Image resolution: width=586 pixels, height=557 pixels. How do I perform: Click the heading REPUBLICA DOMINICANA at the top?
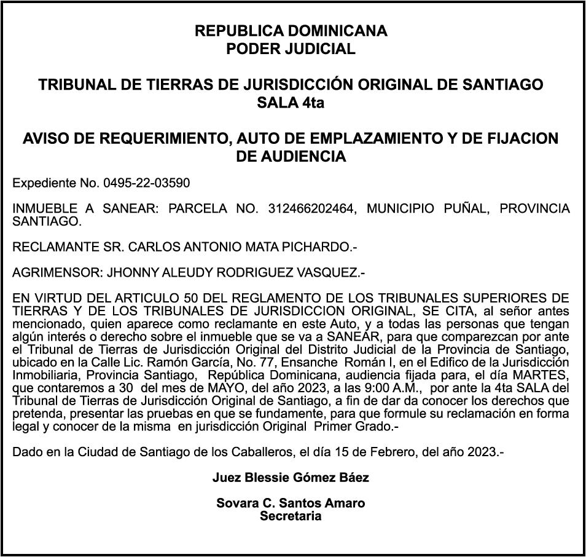291,31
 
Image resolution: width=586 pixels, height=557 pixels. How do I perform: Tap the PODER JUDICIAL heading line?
291,49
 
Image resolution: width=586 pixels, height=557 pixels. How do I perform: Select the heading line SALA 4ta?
291,103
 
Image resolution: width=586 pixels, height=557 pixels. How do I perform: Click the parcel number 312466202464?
311,209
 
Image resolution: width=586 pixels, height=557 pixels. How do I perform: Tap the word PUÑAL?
466,209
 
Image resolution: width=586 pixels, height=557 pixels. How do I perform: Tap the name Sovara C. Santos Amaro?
291,504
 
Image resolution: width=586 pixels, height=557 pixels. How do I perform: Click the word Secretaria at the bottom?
291,516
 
